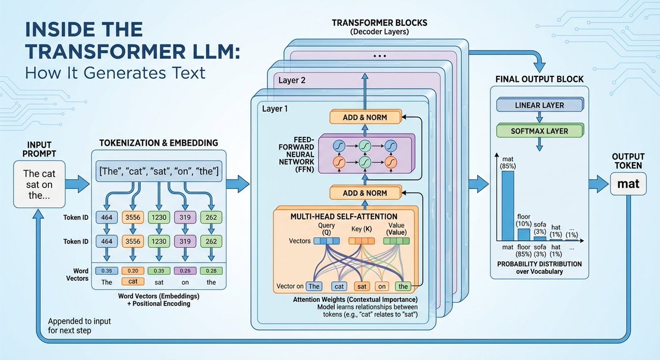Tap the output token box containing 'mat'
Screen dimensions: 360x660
click(628, 184)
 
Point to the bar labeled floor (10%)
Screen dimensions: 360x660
click(524, 234)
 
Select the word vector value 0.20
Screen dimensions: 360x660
click(133, 271)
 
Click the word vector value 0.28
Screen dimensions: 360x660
click(211, 271)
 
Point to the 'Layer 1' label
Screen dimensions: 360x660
click(275, 109)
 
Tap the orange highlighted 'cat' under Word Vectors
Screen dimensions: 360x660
click(133, 281)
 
